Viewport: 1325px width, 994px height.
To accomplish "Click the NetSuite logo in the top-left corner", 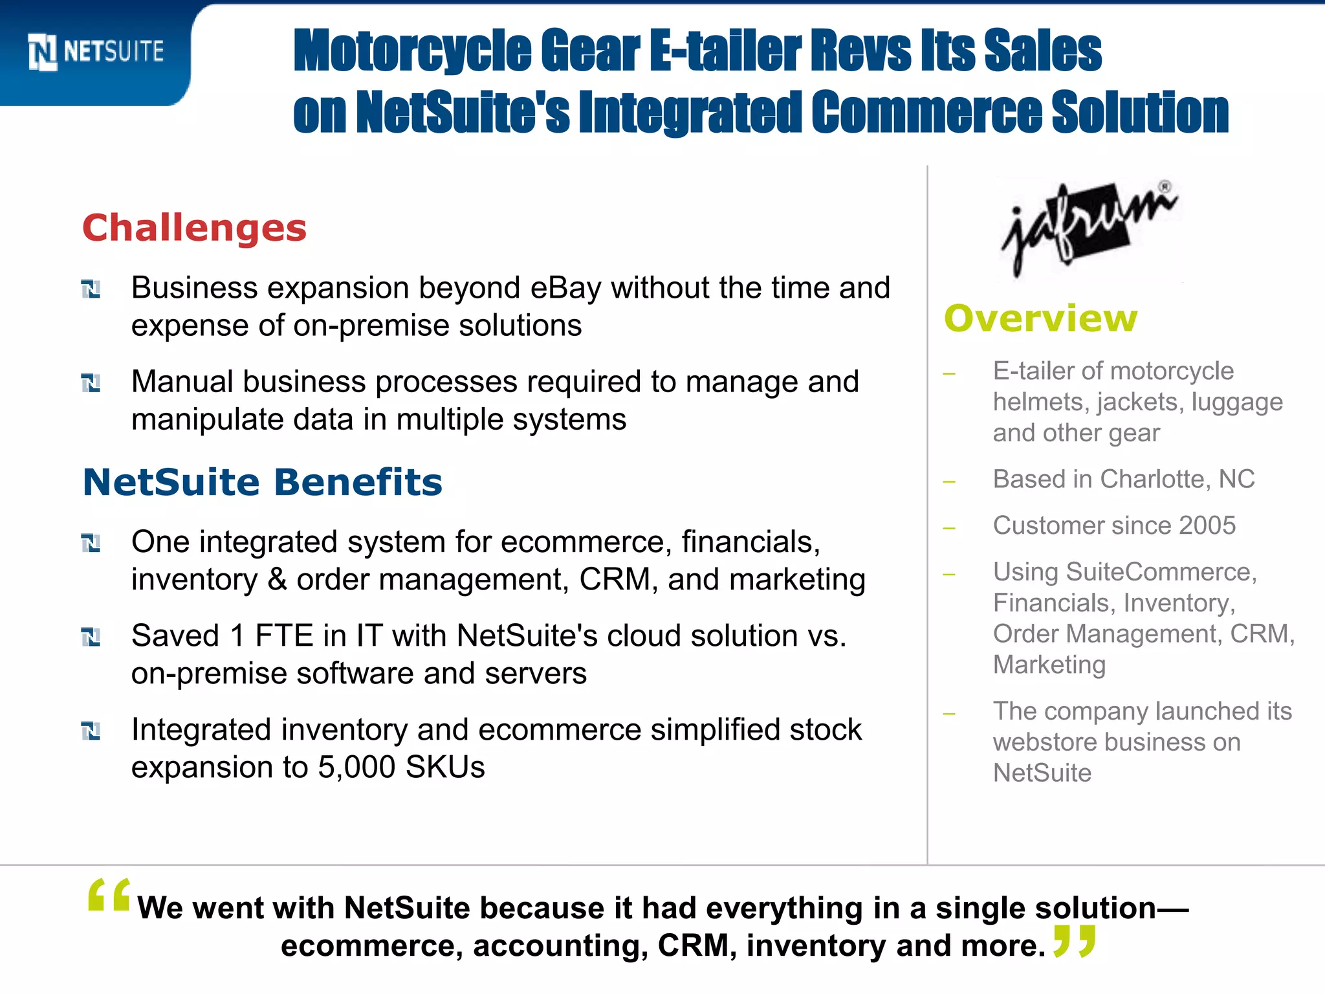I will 96,52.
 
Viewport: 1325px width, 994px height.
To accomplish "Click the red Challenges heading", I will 194,228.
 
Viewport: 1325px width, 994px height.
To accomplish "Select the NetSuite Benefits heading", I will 262,483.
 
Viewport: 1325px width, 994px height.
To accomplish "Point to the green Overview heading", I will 1040,318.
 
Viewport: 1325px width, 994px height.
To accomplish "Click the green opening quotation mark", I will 109,896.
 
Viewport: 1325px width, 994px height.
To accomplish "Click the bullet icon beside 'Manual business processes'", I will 91,383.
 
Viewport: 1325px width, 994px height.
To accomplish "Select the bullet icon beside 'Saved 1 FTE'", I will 91,637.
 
